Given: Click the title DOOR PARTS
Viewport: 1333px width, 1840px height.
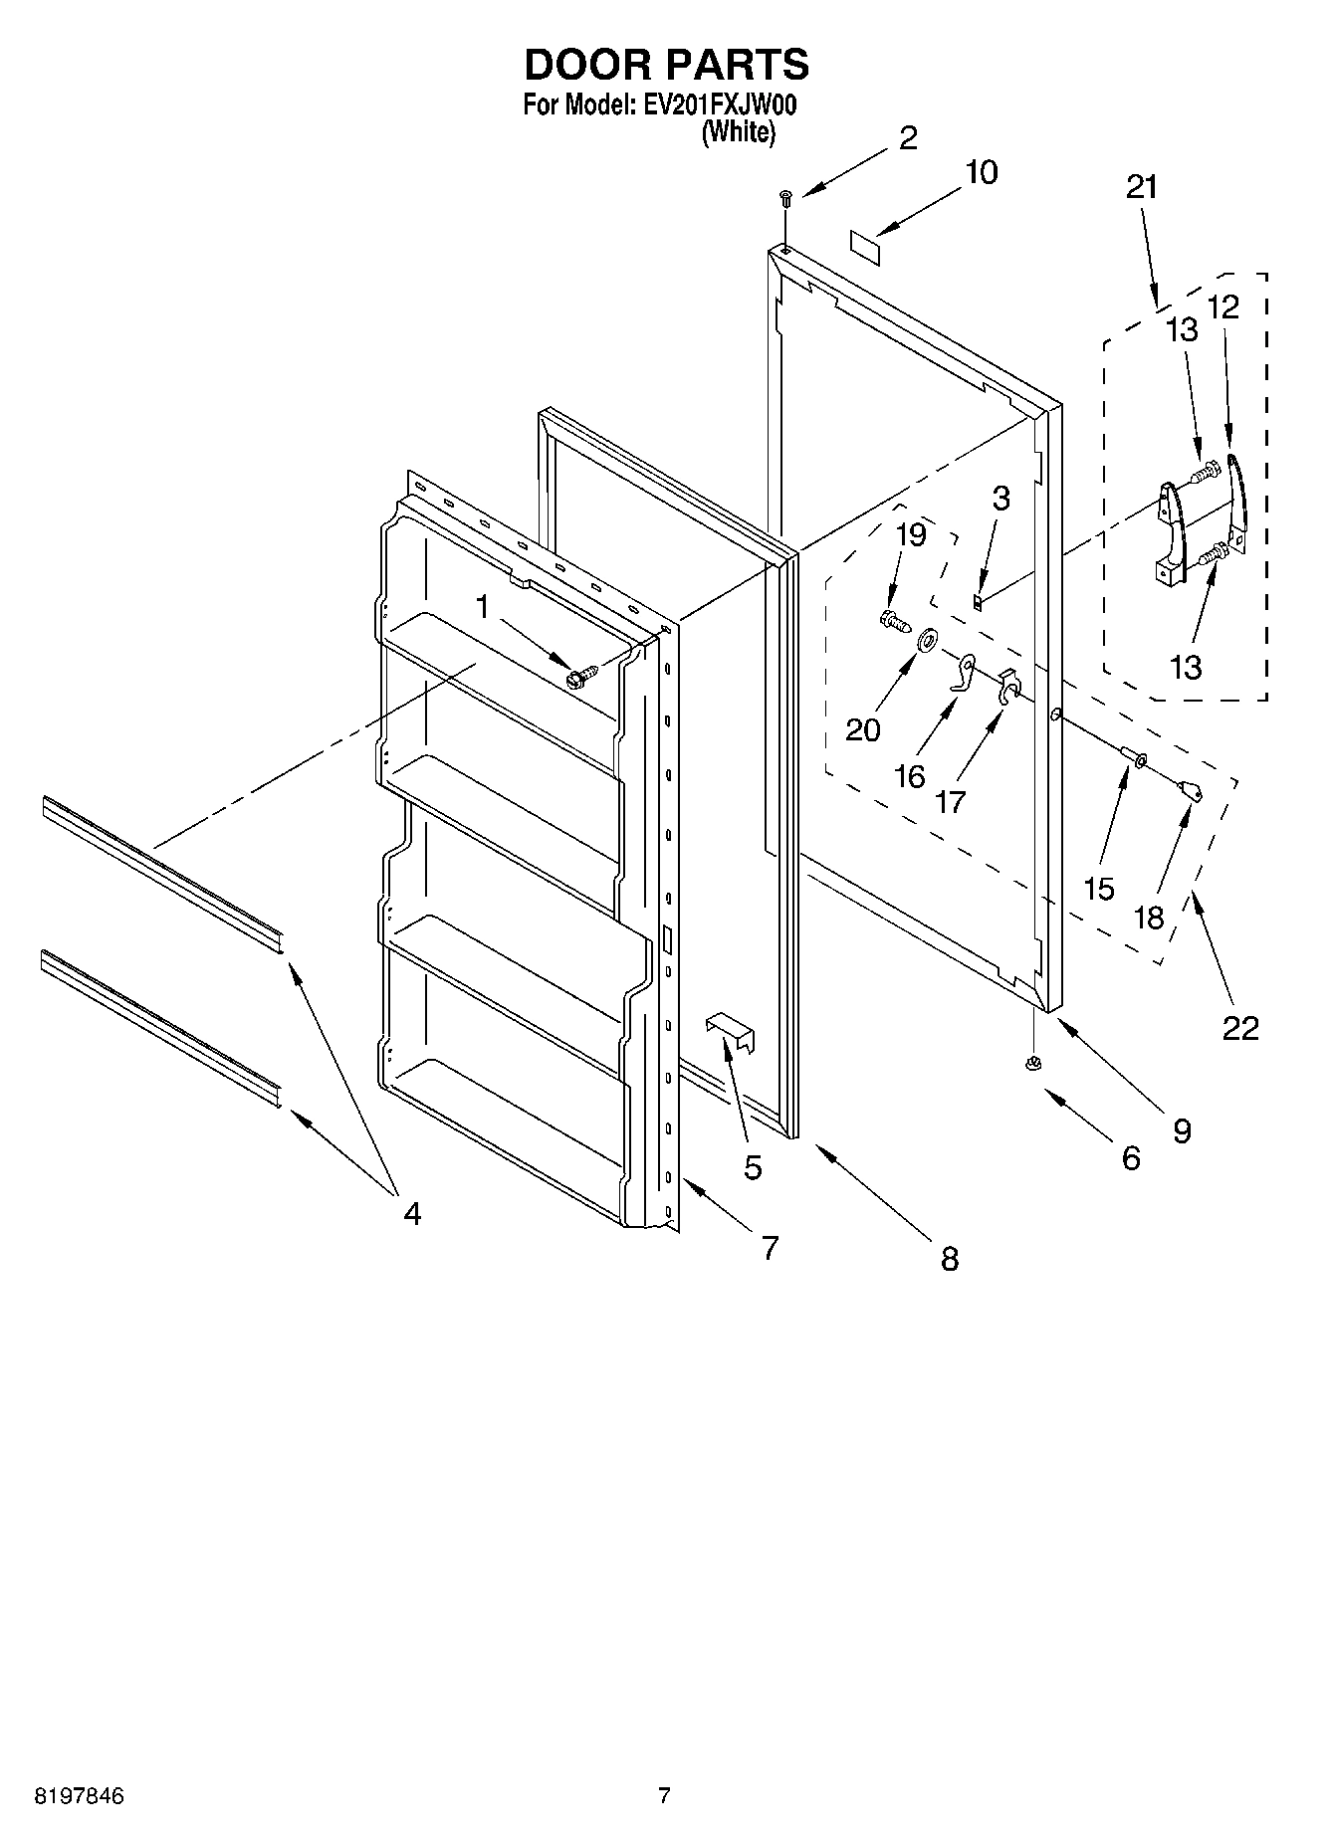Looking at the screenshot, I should point(666,65).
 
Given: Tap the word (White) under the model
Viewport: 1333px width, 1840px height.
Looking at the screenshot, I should point(738,131).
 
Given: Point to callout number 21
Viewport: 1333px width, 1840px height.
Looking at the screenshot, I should point(1142,187).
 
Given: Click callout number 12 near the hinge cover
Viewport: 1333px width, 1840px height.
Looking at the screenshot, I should point(1222,307).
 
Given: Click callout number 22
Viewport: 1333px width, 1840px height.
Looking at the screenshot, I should point(1240,1027).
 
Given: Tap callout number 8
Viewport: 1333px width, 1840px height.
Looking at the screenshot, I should point(949,1259).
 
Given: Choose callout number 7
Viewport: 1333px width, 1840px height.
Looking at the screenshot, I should point(770,1247).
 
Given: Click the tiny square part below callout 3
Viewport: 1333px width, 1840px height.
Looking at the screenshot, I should point(979,601).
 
